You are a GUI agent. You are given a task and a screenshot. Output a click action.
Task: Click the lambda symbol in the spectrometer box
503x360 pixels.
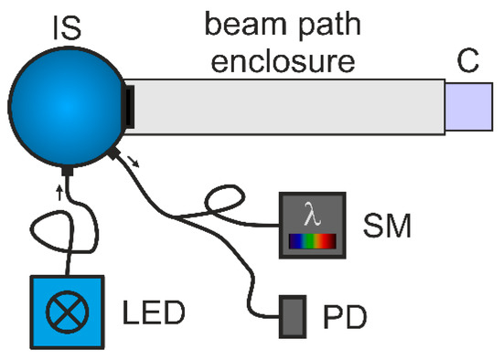313,217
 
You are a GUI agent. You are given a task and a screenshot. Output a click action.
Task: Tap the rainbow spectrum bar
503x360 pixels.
313,242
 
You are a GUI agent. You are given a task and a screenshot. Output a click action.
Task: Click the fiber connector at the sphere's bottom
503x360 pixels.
69,170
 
